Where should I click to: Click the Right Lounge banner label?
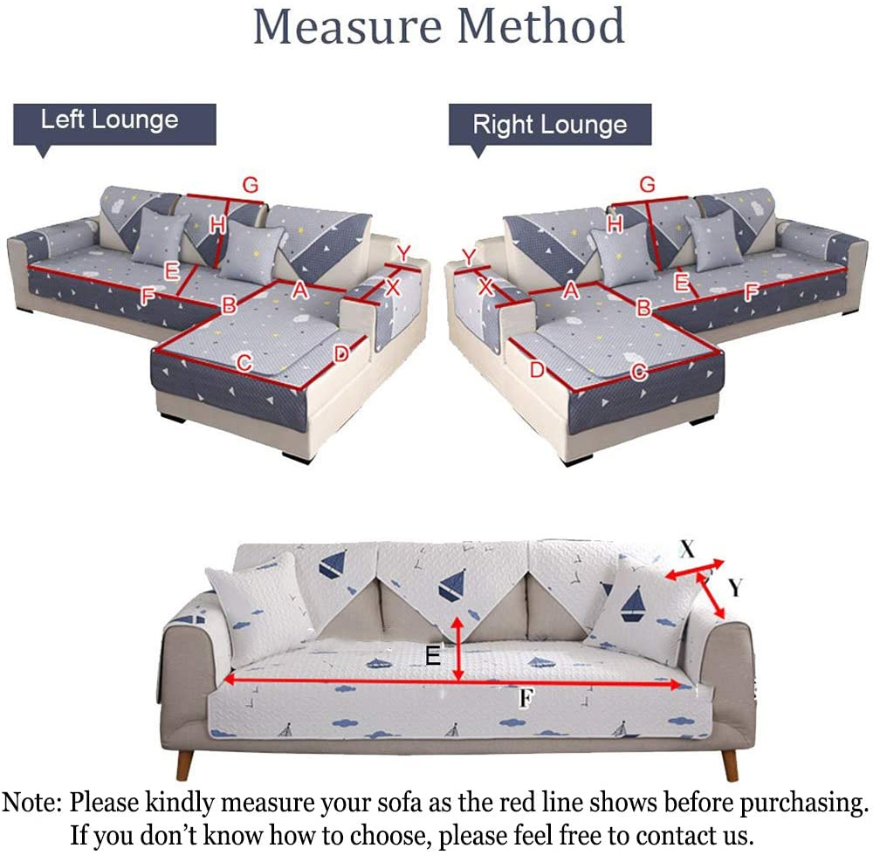pyautogui.click(x=549, y=125)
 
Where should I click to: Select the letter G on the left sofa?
pyautogui.click(x=251, y=185)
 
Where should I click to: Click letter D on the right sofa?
pyautogui.click(x=536, y=370)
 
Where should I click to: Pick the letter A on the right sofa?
pyautogui.click(x=571, y=291)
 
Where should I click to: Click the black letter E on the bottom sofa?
pyautogui.click(x=433, y=655)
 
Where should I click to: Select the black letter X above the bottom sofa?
pyautogui.click(x=687, y=549)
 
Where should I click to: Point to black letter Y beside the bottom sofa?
pyautogui.click(x=735, y=588)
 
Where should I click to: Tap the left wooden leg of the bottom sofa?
pyautogui.click(x=183, y=764)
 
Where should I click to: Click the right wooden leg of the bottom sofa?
pyautogui.click(x=730, y=764)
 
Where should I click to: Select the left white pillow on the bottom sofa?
pyautogui.click(x=253, y=611)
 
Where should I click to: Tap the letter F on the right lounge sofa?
pyautogui.click(x=750, y=292)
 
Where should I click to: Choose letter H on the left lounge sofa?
pyautogui.click(x=217, y=225)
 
